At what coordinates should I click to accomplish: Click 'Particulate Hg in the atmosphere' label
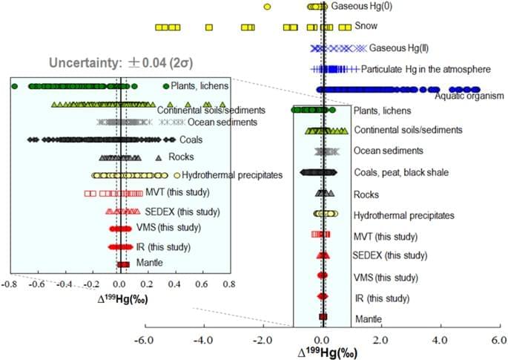coord(426,70)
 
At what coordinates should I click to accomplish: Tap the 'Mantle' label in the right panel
coord(369,318)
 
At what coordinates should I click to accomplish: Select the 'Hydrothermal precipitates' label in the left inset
coord(232,175)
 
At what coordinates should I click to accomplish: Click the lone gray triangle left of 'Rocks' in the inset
coord(158,157)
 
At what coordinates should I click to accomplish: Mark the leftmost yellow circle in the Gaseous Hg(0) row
coord(267,7)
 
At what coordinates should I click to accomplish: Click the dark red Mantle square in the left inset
coord(123,264)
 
